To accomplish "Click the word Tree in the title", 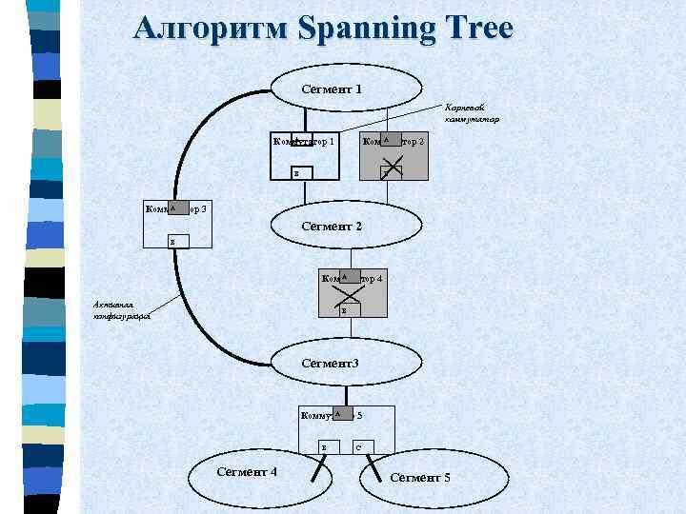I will pyautogui.click(x=476, y=29).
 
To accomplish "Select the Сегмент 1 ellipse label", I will pyautogui.click(x=331, y=89).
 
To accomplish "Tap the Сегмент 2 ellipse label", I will pyautogui.click(x=331, y=227).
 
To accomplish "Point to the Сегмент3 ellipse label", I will pyautogui.click(x=330, y=363).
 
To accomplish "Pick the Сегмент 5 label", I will pyautogui.click(x=420, y=476).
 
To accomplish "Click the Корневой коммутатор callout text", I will pyautogui.click(x=471, y=114).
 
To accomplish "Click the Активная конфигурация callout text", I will pyautogui.click(x=122, y=310).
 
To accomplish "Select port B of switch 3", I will pyautogui.click(x=172, y=243).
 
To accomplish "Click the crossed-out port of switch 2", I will pyautogui.click(x=391, y=172).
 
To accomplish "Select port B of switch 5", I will pyautogui.click(x=325, y=446).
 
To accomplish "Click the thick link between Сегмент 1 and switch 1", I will pyautogui.click(x=304, y=121).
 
